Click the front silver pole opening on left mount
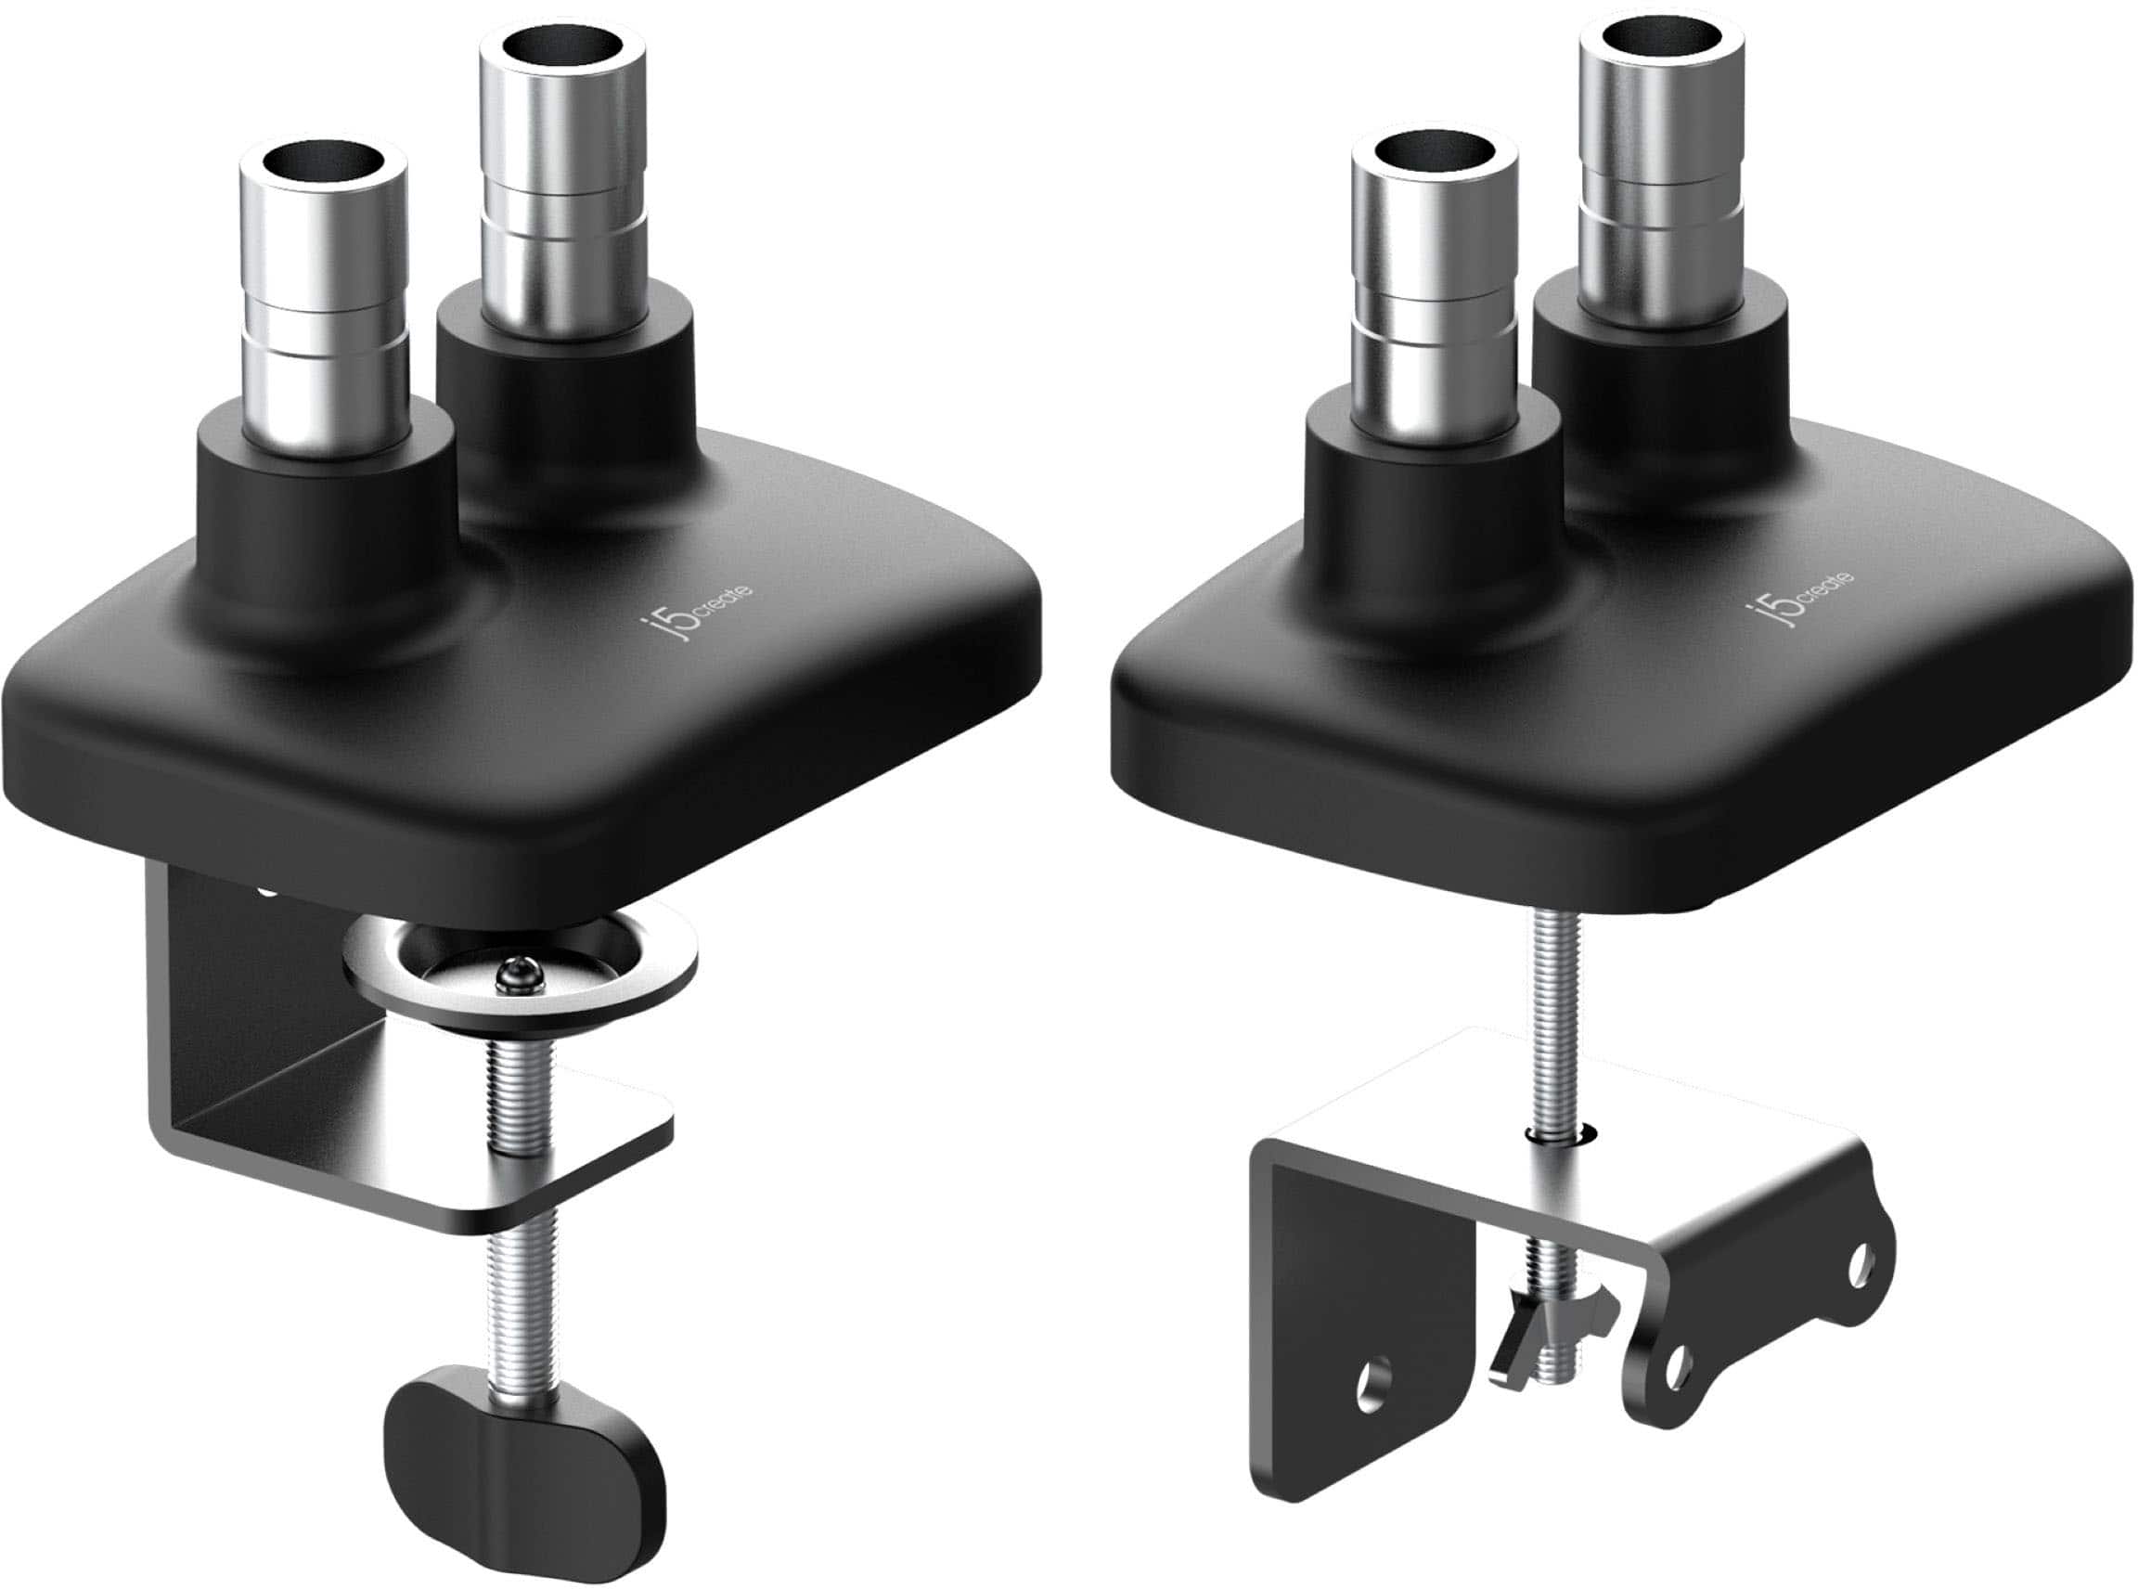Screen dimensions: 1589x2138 point(320,161)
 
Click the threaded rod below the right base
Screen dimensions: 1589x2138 point(1559,1001)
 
